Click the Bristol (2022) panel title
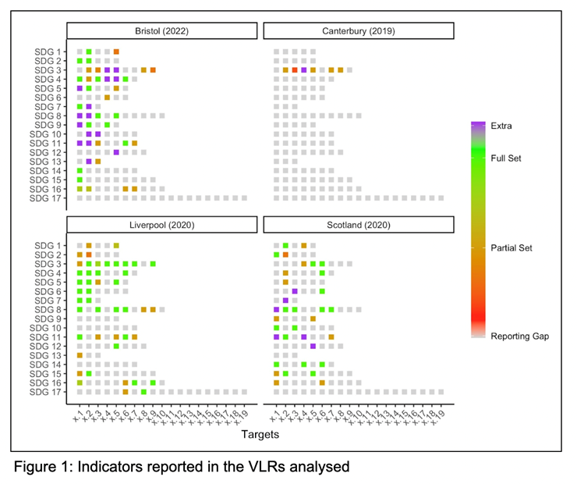(x=161, y=31)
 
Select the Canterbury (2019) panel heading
(x=359, y=31)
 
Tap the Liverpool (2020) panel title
(x=161, y=225)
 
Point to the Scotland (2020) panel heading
(x=359, y=225)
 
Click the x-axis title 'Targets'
(x=260, y=430)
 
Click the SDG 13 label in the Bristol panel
(x=49, y=161)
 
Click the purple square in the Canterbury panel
(x=304, y=70)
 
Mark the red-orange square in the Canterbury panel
(x=295, y=70)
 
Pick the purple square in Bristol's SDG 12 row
(x=116, y=152)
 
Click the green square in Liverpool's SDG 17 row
(x=143, y=392)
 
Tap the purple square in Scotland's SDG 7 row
(x=285, y=300)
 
